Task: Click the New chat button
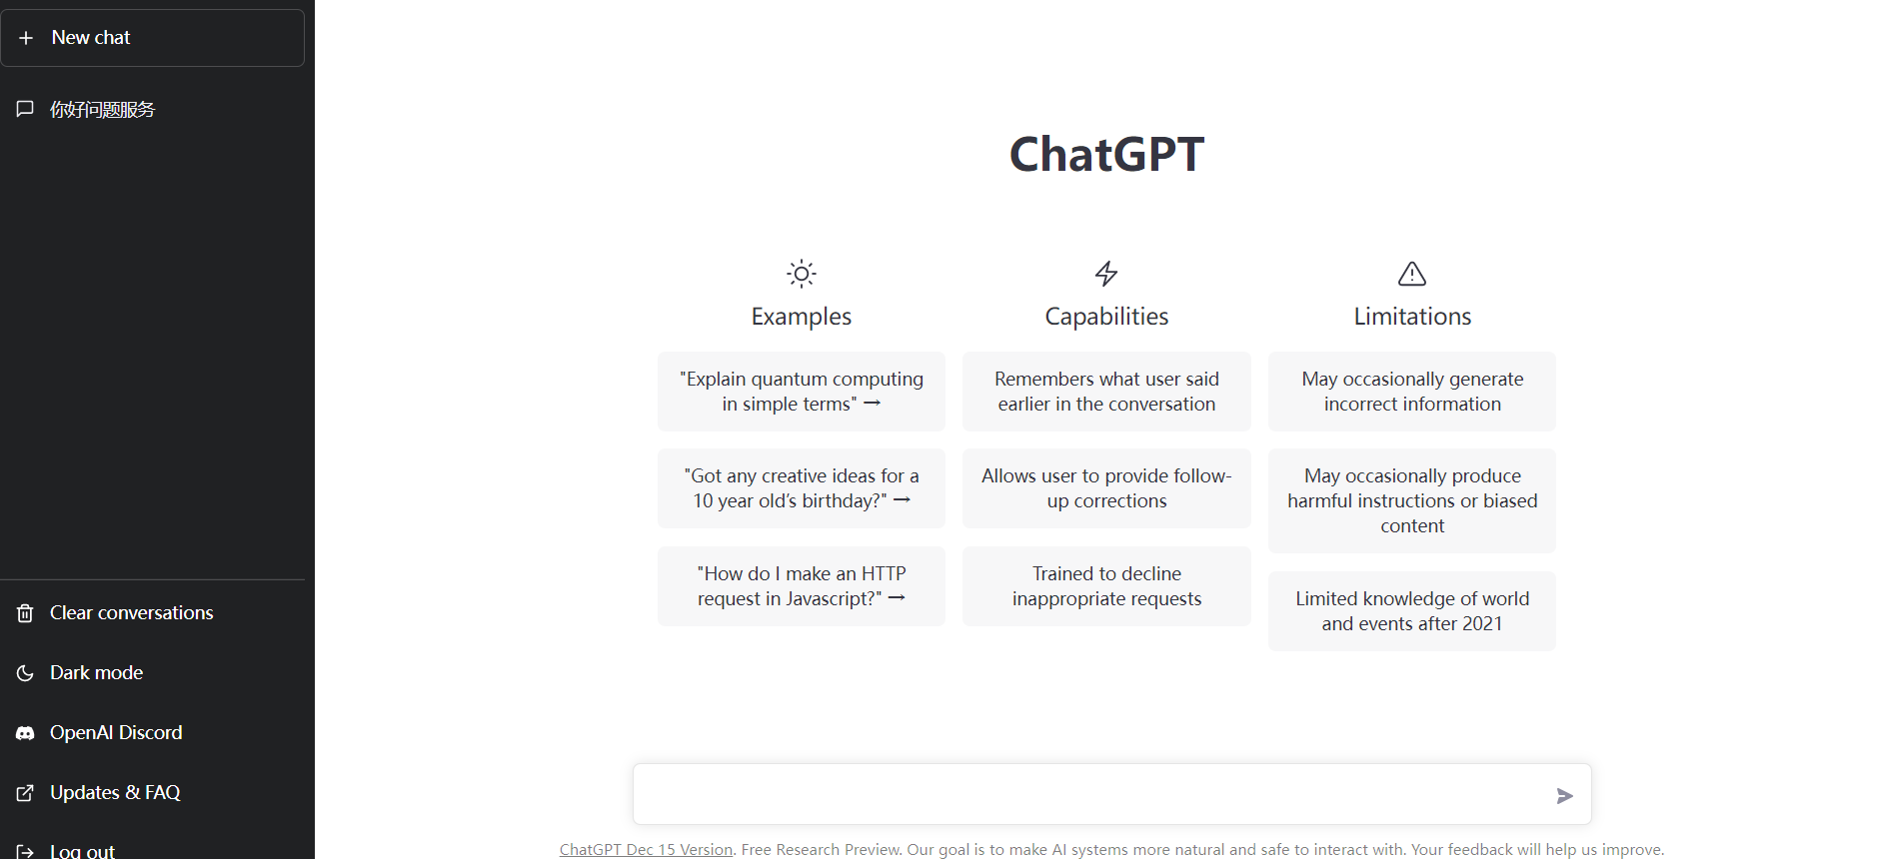pos(152,38)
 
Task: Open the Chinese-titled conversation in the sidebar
pos(102,110)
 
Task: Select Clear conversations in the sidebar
pos(131,612)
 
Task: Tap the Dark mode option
pos(96,672)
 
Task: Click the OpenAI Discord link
pos(116,732)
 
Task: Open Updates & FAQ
pos(115,792)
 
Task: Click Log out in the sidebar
pos(82,850)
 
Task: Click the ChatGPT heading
pos(1106,154)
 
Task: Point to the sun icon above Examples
pos(802,274)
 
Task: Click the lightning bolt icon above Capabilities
pos(1106,274)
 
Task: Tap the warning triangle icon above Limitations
pos(1412,274)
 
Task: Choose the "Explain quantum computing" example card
pos(802,392)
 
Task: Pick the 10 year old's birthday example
pos(802,488)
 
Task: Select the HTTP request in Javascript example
pos(802,586)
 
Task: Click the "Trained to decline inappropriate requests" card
pos(1106,586)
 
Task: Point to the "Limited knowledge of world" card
pos(1412,611)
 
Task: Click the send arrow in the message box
pos(1565,796)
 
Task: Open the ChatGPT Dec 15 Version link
pos(646,849)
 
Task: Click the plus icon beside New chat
pos(26,38)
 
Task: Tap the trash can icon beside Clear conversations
pos(25,613)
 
